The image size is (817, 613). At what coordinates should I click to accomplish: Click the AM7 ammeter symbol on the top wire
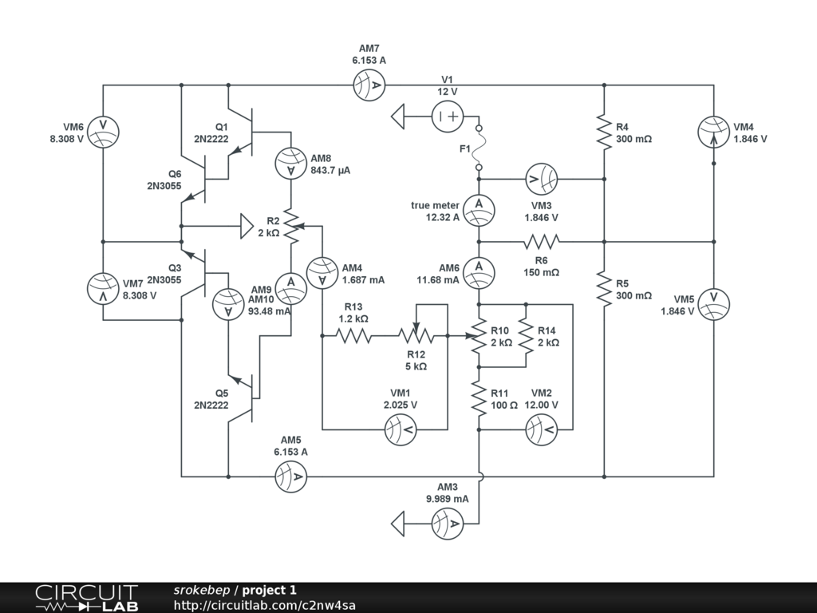[369, 85]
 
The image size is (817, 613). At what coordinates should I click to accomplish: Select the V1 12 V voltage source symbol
[448, 117]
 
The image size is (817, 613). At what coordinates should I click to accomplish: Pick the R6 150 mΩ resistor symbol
[541, 240]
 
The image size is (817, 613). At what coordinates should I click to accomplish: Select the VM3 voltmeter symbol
[541, 179]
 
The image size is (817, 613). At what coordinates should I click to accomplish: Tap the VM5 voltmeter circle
[713, 303]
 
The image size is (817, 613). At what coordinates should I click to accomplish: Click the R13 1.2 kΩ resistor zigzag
[353, 336]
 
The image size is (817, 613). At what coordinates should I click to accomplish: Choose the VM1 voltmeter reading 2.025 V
[401, 429]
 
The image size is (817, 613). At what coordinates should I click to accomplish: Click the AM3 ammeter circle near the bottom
[448, 524]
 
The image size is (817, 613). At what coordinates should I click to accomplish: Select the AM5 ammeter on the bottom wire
[291, 477]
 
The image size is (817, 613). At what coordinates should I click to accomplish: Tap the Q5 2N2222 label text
[211, 399]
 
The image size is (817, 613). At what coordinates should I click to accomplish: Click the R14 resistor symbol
[525, 336]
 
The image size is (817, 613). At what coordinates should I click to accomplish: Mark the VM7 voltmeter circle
[103, 288]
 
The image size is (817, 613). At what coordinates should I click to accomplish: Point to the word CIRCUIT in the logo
[76, 592]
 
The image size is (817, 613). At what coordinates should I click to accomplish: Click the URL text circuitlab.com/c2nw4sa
[264, 605]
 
